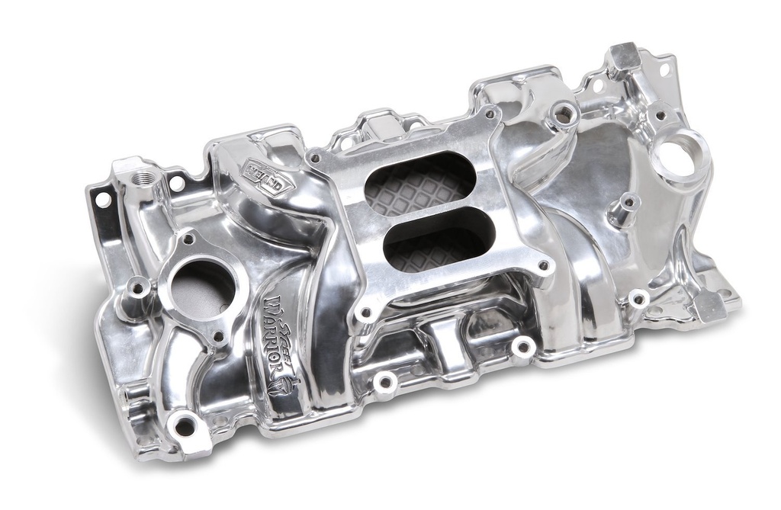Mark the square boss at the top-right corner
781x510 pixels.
point(623,55)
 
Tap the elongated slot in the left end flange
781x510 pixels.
point(102,200)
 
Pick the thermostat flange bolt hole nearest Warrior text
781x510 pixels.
point(218,335)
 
